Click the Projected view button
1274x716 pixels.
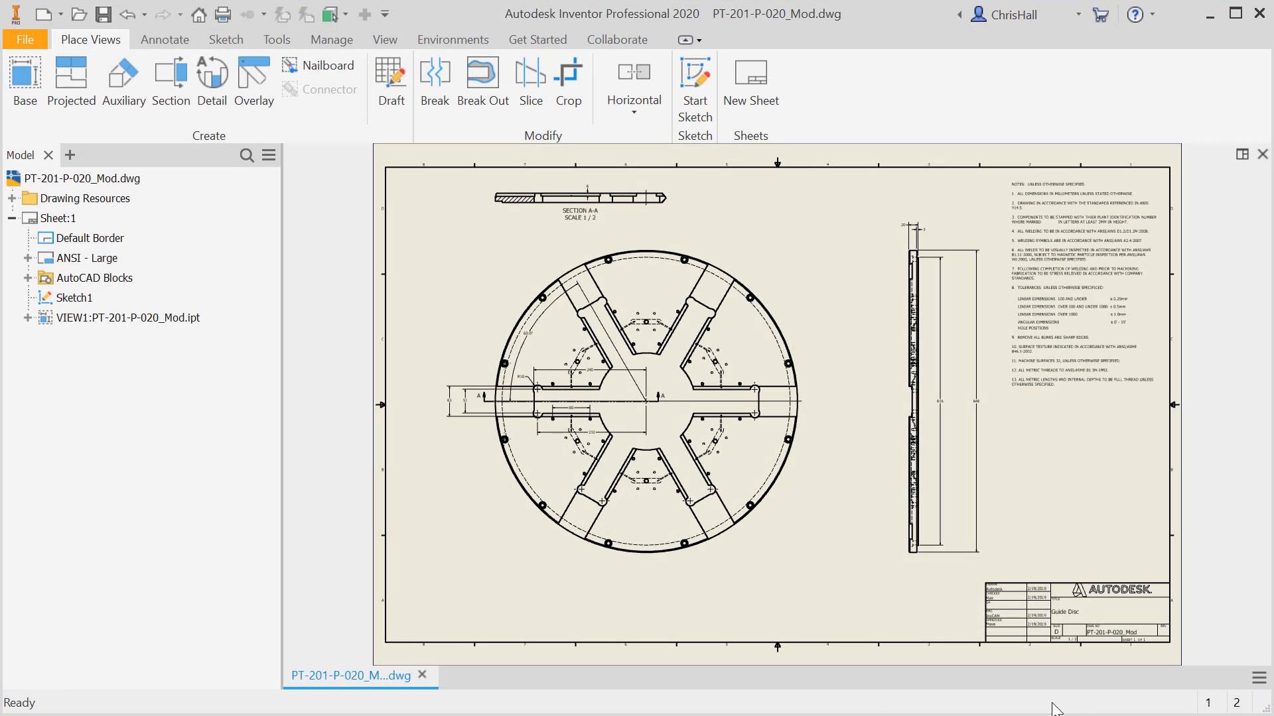pyautogui.click(x=71, y=82)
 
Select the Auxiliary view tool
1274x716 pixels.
pyautogui.click(x=123, y=82)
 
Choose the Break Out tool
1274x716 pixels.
pyautogui.click(x=482, y=82)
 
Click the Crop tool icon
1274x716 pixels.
pyautogui.click(x=569, y=82)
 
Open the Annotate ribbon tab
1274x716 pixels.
pyautogui.click(x=165, y=40)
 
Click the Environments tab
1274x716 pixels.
pyautogui.click(x=453, y=40)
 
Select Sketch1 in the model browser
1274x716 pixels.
pyautogui.click(x=74, y=298)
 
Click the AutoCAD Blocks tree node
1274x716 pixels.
pyautogui.click(x=94, y=278)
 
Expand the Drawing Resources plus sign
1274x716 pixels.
pyautogui.click(x=12, y=198)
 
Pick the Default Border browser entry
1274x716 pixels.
pyautogui.click(x=90, y=238)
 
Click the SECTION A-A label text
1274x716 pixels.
pyautogui.click(x=580, y=211)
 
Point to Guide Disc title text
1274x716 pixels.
pyautogui.click(x=1065, y=612)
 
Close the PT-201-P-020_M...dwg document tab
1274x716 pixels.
pyautogui.click(x=422, y=675)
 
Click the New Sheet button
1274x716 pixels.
pyautogui.click(x=750, y=82)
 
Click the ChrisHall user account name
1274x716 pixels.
pyautogui.click(x=1013, y=15)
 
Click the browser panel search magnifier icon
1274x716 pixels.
pyautogui.click(x=247, y=155)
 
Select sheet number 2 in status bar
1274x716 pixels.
pyautogui.click(x=1236, y=703)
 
